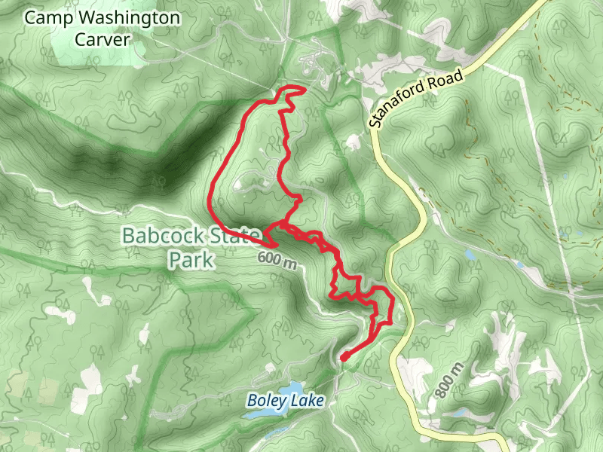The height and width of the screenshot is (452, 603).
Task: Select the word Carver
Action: [103, 39]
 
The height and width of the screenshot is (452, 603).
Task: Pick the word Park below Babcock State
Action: [189, 260]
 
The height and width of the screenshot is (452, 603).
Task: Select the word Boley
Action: [266, 401]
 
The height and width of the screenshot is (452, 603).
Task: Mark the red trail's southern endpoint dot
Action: [343, 356]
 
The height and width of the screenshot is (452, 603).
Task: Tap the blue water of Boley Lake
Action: [279, 431]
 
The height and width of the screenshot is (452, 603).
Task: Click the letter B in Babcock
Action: [129, 237]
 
